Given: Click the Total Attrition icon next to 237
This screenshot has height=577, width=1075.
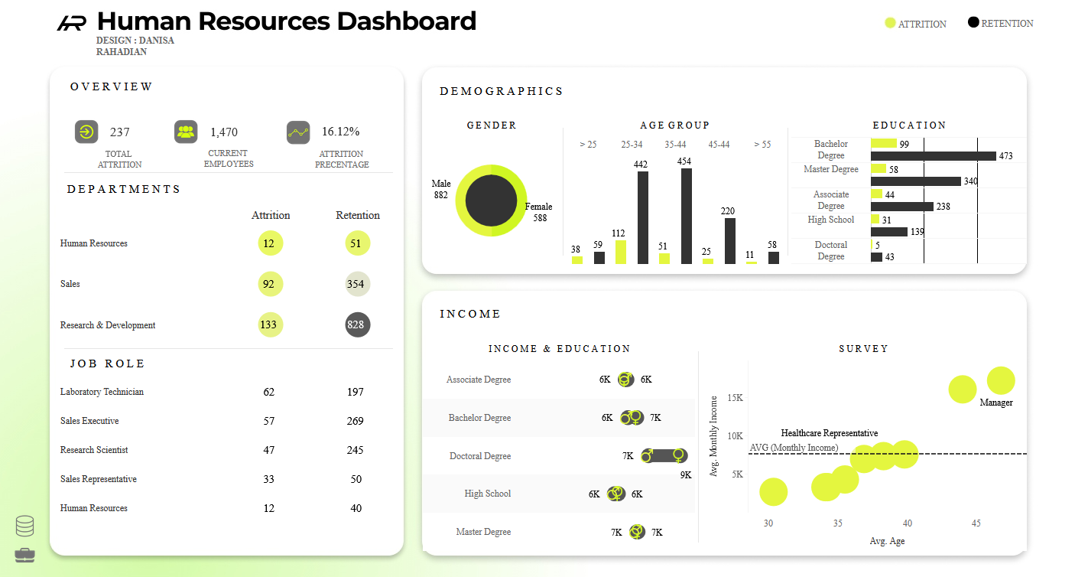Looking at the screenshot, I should tap(86, 132).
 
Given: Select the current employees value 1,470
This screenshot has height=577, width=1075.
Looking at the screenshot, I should tap(224, 132).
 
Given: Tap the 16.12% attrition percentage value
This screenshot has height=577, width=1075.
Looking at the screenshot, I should tap(340, 132).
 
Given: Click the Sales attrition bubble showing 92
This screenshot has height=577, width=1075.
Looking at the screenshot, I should tap(268, 284).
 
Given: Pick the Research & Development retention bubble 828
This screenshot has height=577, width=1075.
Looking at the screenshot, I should tap(357, 325).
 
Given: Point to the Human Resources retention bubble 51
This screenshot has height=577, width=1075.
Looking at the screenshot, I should tap(357, 243).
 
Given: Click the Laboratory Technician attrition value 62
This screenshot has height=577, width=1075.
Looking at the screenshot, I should tap(268, 392).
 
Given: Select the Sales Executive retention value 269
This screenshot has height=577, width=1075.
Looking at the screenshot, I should tap(355, 421).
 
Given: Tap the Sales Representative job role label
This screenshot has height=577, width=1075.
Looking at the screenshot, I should tap(99, 479).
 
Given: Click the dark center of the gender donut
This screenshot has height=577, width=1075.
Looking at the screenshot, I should tap(491, 200).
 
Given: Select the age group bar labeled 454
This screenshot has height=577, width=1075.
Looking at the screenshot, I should tap(686, 216).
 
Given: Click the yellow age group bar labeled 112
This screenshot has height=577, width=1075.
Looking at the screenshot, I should tap(620, 252).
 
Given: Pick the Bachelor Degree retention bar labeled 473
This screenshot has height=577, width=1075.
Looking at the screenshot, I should tap(933, 156).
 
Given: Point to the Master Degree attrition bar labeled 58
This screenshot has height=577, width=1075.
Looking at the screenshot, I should tap(878, 169).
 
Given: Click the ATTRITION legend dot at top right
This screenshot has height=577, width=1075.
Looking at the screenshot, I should tap(889, 23).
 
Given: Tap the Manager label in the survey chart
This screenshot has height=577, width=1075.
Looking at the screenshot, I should tap(995, 403).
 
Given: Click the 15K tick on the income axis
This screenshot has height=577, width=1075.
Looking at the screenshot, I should tap(735, 398).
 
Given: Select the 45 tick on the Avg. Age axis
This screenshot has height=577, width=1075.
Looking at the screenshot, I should tap(976, 523).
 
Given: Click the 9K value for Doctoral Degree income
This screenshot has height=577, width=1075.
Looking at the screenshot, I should tap(685, 474).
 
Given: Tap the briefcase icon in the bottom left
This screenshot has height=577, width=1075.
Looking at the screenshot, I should tap(24, 555).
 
